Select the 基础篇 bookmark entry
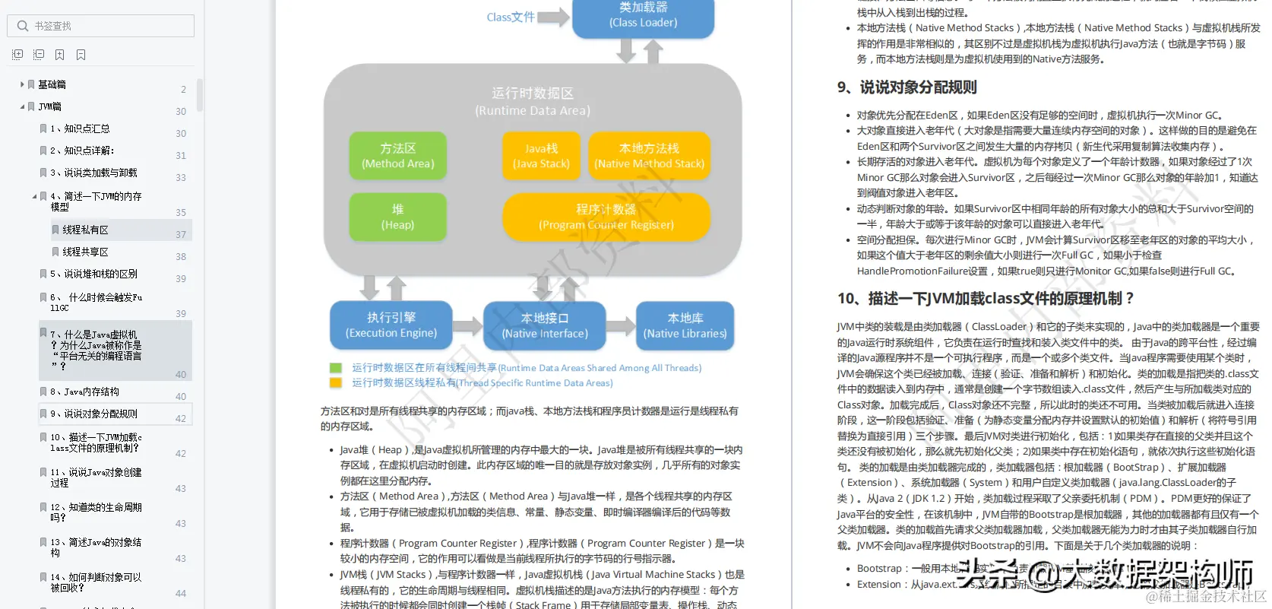[52, 84]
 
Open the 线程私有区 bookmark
[85, 230]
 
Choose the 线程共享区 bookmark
[85, 252]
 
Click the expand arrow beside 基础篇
[22, 84]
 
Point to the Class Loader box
[643, 16]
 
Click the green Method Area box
[397, 156]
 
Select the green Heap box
[397, 217]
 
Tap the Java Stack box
[541, 156]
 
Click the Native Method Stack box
[649, 156]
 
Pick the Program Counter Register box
[606, 217]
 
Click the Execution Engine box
[391, 325]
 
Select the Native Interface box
[544, 325]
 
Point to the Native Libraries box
[685, 325]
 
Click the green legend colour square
[335, 368]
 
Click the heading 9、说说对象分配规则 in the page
[907, 87]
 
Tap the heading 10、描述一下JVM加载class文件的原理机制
[986, 298]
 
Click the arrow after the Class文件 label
[553, 17]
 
